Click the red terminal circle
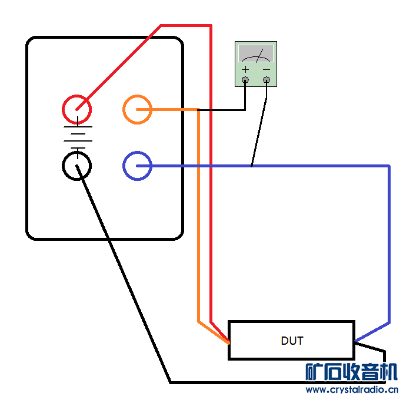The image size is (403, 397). click(x=77, y=109)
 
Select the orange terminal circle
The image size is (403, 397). click(x=137, y=109)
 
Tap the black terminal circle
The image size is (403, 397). click(x=77, y=166)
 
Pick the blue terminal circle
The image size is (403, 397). click(x=137, y=166)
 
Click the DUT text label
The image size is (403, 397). click(x=292, y=341)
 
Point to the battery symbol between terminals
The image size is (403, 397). click(x=77, y=137)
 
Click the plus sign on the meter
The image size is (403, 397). click(x=245, y=69)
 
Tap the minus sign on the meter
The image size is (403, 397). click(x=267, y=69)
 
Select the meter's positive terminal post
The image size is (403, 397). click(x=245, y=80)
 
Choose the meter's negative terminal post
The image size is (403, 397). click(x=267, y=80)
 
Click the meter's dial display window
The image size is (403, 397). click(x=256, y=54)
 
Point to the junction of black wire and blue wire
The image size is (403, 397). click(x=252, y=166)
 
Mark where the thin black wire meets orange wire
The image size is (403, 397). click(x=198, y=110)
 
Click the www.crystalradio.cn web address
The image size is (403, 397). click(x=351, y=389)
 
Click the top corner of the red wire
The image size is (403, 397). click(x=210, y=26)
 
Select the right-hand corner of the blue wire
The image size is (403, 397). click(x=388, y=167)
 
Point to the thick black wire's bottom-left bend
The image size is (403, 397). click(x=170, y=382)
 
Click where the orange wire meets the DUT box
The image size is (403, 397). click(x=228, y=342)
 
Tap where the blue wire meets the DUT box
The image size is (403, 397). click(x=355, y=341)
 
